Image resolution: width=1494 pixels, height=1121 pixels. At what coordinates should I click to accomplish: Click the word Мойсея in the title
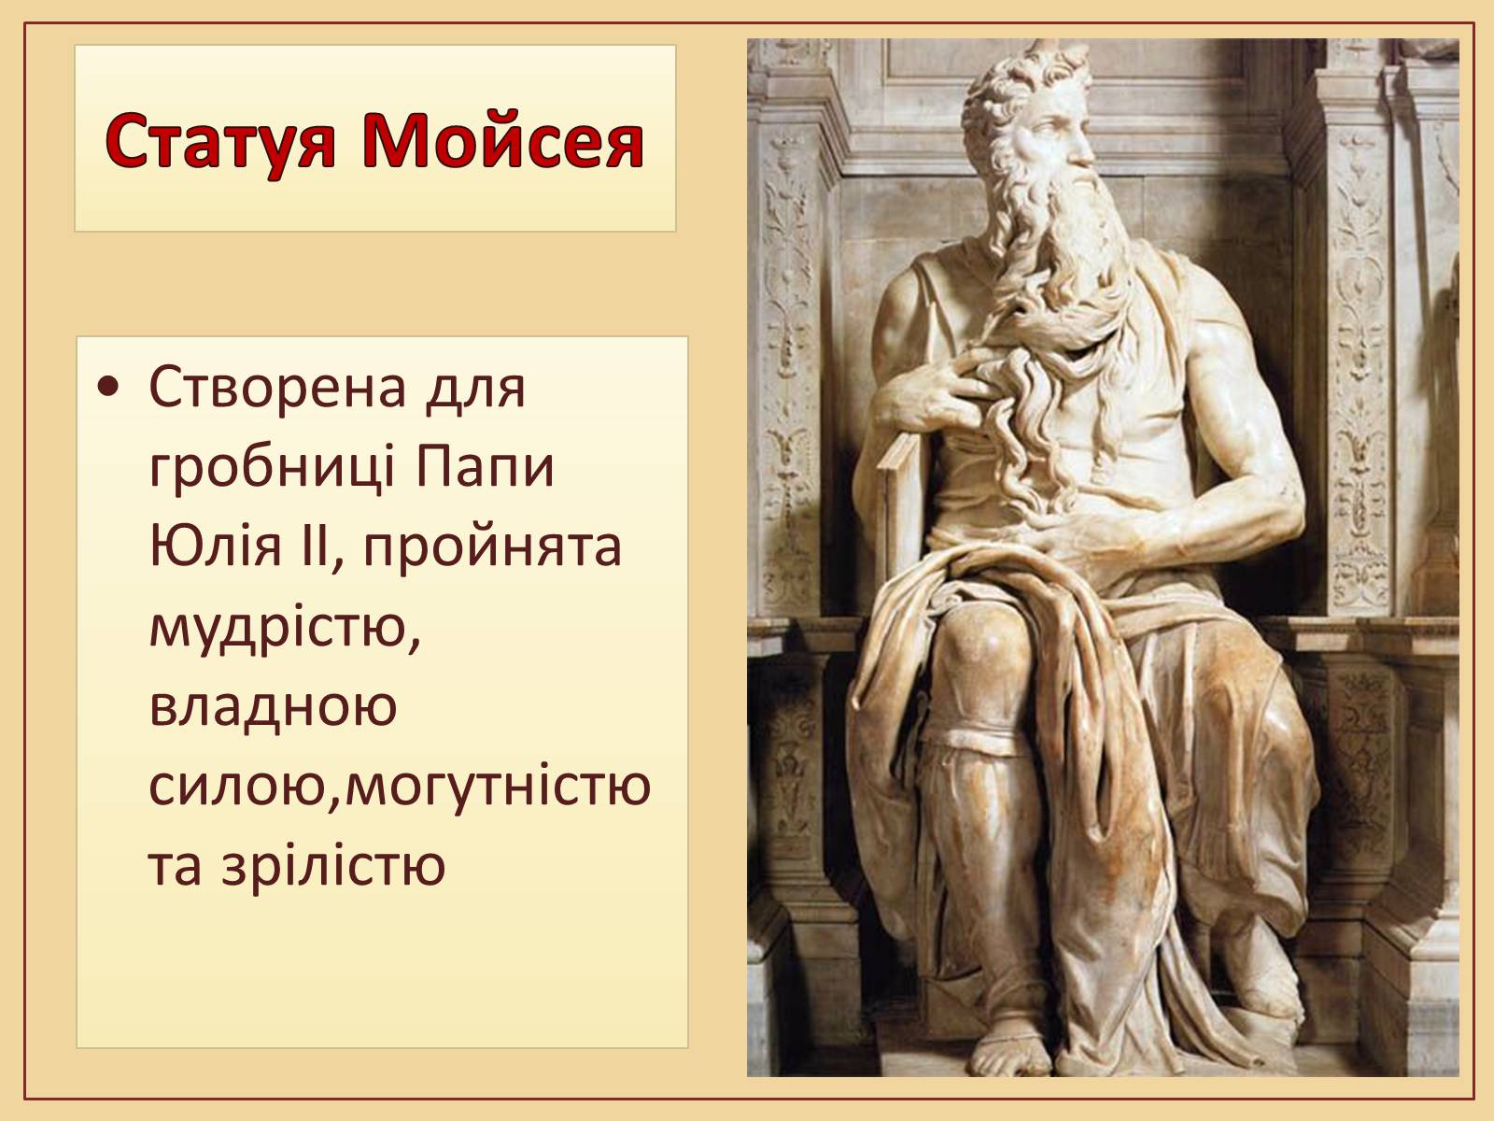click(503, 142)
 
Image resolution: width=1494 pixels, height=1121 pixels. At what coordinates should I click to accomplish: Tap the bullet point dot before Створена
click(108, 388)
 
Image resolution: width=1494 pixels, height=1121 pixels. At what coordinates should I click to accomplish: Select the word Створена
click(277, 387)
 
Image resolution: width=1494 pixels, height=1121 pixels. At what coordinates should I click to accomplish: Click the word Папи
click(486, 467)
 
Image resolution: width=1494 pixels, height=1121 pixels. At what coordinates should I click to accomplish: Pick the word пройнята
click(492, 548)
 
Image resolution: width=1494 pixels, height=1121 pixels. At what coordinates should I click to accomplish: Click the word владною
click(273, 706)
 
